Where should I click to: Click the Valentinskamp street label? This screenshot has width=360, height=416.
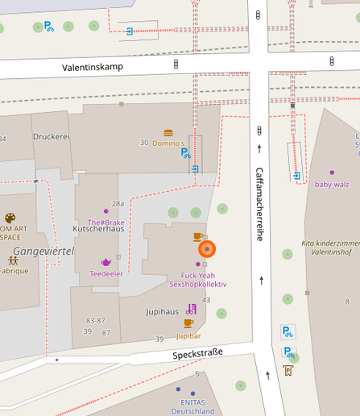[x=93, y=67]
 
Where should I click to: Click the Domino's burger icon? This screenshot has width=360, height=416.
[x=168, y=133]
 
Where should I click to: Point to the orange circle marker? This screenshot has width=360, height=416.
[x=207, y=249]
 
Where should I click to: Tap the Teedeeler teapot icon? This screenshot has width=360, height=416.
[x=106, y=262]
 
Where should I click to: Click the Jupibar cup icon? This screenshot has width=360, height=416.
[x=188, y=323]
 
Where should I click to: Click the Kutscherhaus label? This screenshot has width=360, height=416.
[x=98, y=228]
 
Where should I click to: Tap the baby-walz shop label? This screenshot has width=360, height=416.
[x=332, y=184]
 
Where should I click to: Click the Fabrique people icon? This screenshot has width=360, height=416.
[x=13, y=260]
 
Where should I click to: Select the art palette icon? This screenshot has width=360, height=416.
[x=10, y=218]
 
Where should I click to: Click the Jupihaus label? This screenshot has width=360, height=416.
[x=162, y=311]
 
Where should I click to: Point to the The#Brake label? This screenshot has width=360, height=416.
[x=106, y=222]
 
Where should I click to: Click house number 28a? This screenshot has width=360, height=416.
[x=118, y=204]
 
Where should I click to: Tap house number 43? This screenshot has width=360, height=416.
[x=206, y=300]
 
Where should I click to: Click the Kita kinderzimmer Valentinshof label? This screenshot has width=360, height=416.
[x=330, y=247]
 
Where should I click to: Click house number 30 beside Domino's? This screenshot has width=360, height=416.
[x=144, y=143]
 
